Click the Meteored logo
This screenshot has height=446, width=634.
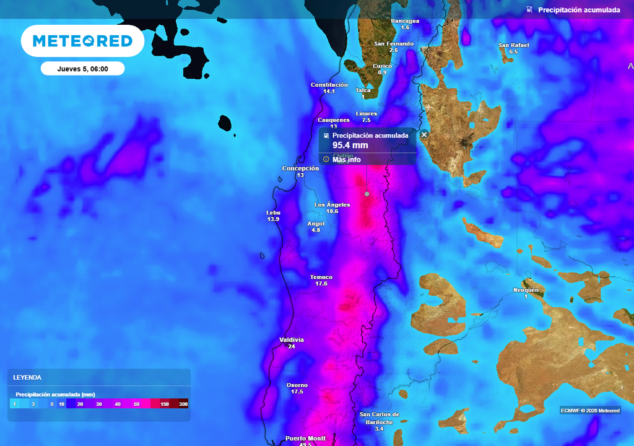[x=82, y=41]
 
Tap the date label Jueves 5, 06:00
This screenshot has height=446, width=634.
[x=82, y=69]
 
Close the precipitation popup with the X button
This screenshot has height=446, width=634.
[x=424, y=134]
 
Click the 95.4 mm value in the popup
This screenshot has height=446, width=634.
[x=350, y=146]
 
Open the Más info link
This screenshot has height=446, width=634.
[x=346, y=160]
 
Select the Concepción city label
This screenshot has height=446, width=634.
[x=300, y=168]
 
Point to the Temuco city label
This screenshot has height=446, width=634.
[x=321, y=278]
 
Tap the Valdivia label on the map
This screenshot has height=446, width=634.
[x=292, y=340]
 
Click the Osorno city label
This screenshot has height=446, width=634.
[x=297, y=385]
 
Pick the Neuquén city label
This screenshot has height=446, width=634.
[x=526, y=290]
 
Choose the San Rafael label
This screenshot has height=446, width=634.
[x=514, y=45]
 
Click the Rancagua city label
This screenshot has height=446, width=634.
[x=405, y=21]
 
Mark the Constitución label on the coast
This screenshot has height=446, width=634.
[x=329, y=85]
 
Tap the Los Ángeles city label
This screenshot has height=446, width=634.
[x=332, y=204]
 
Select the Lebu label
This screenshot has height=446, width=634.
[x=273, y=212]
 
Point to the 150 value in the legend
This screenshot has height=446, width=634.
[x=165, y=404]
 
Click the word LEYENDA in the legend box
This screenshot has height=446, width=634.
[x=27, y=377]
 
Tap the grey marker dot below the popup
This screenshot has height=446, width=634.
[x=367, y=194]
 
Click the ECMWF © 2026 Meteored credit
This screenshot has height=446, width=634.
[x=590, y=410]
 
